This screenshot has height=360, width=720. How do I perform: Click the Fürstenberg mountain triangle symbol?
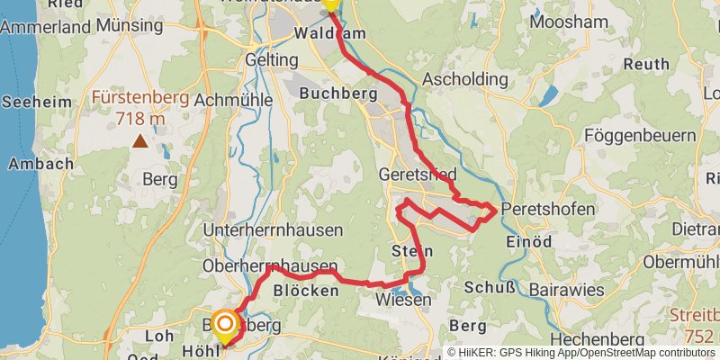point(140,140)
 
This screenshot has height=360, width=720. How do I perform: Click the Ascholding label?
point(470,78)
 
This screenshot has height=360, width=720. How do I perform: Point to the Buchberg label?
point(337,93)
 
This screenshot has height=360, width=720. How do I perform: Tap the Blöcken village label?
point(305,291)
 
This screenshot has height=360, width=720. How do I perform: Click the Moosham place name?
point(564,21)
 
